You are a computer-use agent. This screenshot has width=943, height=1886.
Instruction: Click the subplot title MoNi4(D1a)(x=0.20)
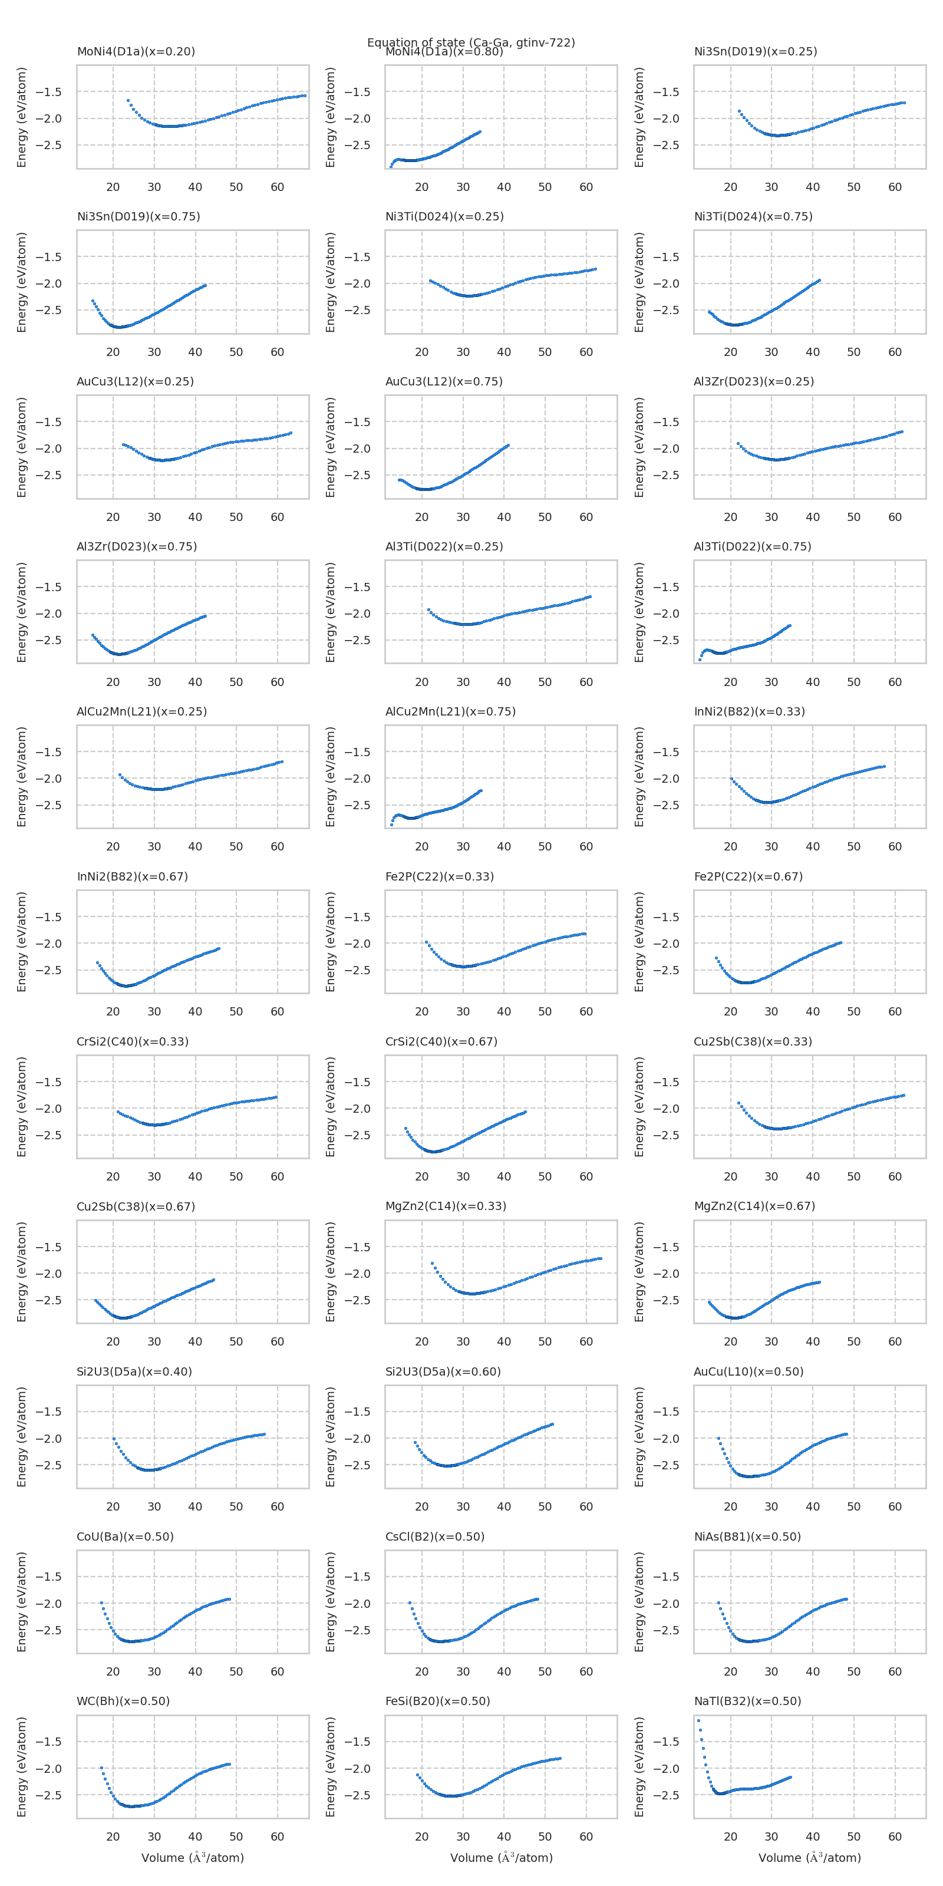[136, 51]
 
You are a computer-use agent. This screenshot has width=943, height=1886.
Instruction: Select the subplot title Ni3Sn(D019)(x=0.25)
[755, 51]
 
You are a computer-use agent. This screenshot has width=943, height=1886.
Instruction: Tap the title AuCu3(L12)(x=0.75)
[444, 381]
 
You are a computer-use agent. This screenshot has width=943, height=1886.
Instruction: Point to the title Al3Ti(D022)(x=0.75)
[752, 546]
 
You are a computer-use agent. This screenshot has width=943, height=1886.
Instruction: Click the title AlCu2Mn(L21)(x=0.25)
[141, 711]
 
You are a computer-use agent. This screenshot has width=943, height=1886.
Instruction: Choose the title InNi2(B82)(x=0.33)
[749, 711]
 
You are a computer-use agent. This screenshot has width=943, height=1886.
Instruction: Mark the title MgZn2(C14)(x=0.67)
[754, 1206]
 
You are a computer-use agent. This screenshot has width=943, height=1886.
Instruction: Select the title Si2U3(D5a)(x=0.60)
[443, 1371]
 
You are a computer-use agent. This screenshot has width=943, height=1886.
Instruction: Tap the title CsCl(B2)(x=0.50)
[435, 1536]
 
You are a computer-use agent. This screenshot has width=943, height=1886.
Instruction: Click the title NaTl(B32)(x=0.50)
[747, 1701]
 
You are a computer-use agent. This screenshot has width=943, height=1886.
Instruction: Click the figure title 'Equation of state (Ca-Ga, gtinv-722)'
[471, 42]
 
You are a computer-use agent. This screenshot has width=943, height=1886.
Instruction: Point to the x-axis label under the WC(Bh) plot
[193, 1858]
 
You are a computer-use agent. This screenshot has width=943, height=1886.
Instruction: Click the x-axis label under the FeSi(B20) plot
[501, 1858]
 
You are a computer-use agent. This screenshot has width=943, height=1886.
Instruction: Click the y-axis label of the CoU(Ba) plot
[22, 1602]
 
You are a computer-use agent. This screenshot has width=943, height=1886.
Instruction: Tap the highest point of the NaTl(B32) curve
[698, 1720]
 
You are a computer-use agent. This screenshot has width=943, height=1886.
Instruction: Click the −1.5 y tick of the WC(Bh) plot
[48, 1742]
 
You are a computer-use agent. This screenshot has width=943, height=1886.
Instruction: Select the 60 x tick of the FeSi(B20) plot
[586, 1836]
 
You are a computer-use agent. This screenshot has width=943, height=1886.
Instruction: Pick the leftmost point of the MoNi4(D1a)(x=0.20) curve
[128, 100]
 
